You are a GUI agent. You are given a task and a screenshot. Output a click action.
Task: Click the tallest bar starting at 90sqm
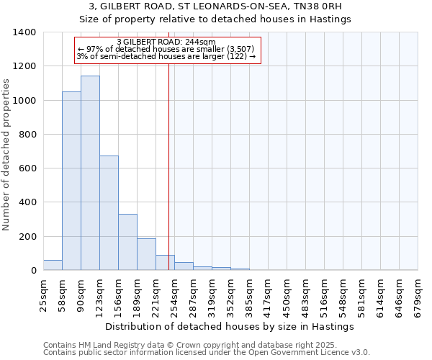point(90,173)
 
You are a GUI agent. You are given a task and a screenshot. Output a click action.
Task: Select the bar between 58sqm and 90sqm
point(71,181)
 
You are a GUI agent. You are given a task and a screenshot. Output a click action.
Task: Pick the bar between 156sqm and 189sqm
point(127,242)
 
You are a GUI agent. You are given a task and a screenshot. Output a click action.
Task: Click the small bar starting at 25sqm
point(53,265)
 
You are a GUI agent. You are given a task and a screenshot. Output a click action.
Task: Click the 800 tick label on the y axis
point(27,135)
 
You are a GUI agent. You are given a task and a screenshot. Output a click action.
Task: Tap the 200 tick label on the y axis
point(27,237)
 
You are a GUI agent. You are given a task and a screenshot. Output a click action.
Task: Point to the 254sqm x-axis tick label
point(174,295)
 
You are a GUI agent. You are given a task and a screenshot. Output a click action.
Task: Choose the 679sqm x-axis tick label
point(418,295)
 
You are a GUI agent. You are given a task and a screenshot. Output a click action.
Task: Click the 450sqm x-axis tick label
point(287,295)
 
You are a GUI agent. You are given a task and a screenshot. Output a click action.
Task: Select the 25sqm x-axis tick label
point(43,295)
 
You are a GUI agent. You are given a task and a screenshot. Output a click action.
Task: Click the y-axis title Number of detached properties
point(7,151)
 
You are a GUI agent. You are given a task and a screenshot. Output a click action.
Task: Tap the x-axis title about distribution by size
point(230,326)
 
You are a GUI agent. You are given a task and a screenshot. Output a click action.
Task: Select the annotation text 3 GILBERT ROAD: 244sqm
point(166,42)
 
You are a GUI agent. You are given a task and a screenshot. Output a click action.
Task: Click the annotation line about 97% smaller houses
point(166,49)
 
